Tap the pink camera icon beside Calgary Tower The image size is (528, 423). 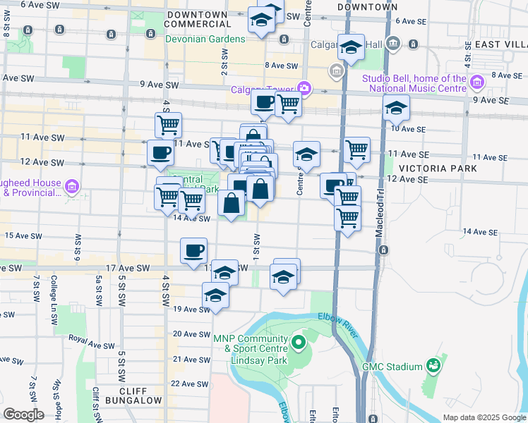(x=304, y=88)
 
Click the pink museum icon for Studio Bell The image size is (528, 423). (x=476, y=82)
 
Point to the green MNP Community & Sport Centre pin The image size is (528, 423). (x=299, y=343)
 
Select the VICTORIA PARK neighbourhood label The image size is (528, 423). (x=438, y=168)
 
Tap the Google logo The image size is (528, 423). (x=23, y=415)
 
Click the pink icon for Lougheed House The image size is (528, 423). (x=71, y=187)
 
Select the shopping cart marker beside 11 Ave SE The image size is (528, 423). (x=357, y=149)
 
